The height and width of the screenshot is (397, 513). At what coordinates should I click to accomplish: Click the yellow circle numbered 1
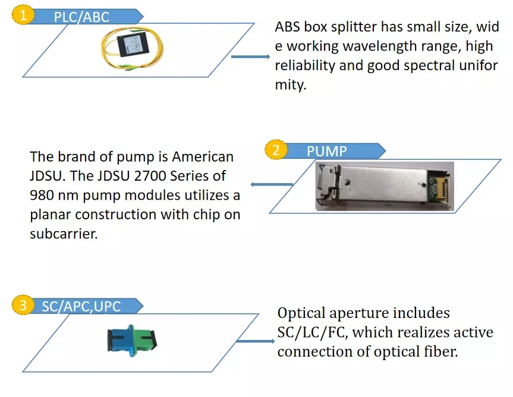coord(23,15)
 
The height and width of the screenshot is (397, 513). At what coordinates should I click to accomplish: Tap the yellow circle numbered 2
coord(276,150)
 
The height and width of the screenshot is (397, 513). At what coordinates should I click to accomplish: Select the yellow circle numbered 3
coord(23,305)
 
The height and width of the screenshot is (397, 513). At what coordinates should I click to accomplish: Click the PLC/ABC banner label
coord(81,17)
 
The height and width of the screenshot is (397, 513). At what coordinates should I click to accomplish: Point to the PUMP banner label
coord(326,152)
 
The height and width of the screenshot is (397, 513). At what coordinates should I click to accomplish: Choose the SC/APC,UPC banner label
coord(81,307)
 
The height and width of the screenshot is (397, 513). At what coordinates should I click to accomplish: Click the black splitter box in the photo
coord(133,45)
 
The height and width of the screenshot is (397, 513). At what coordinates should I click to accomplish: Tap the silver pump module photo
coord(385,186)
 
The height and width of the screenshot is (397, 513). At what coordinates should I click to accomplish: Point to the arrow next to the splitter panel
coord(250,56)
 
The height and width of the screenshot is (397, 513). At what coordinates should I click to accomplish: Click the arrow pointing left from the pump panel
coord(272,184)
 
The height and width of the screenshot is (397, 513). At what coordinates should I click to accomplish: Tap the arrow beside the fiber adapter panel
coord(255,341)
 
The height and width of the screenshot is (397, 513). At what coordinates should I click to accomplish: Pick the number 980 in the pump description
coord(42,195)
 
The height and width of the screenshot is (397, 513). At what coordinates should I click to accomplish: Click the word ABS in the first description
coord(287,27)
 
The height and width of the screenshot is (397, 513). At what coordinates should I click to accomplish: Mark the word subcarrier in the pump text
coord(64,234)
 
